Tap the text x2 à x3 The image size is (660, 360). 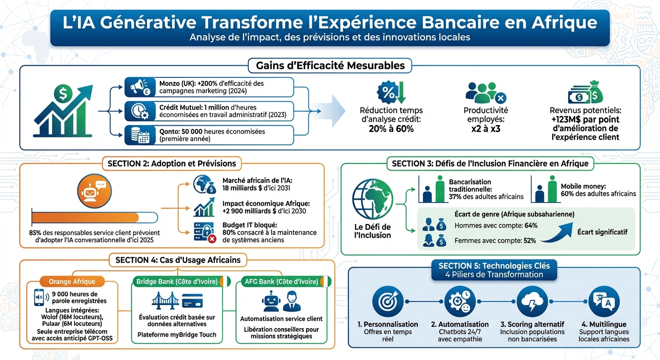(x=486, y=128)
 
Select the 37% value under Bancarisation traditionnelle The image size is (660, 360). (x=456, y=196)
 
